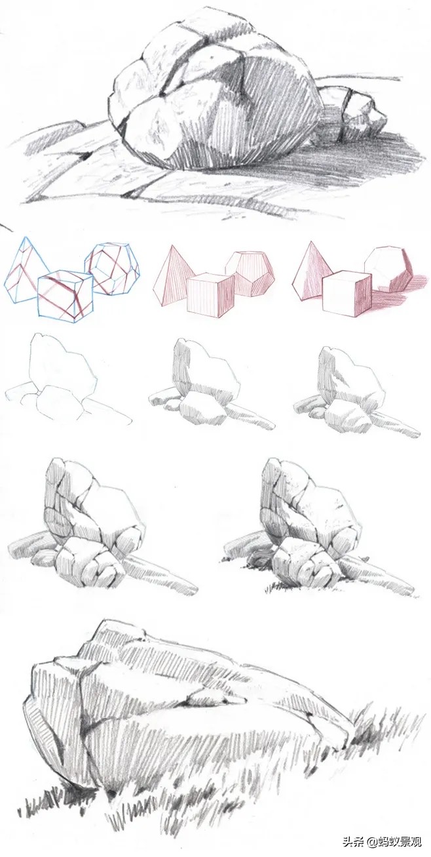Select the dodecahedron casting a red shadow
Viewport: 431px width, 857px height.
[388, 269]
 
